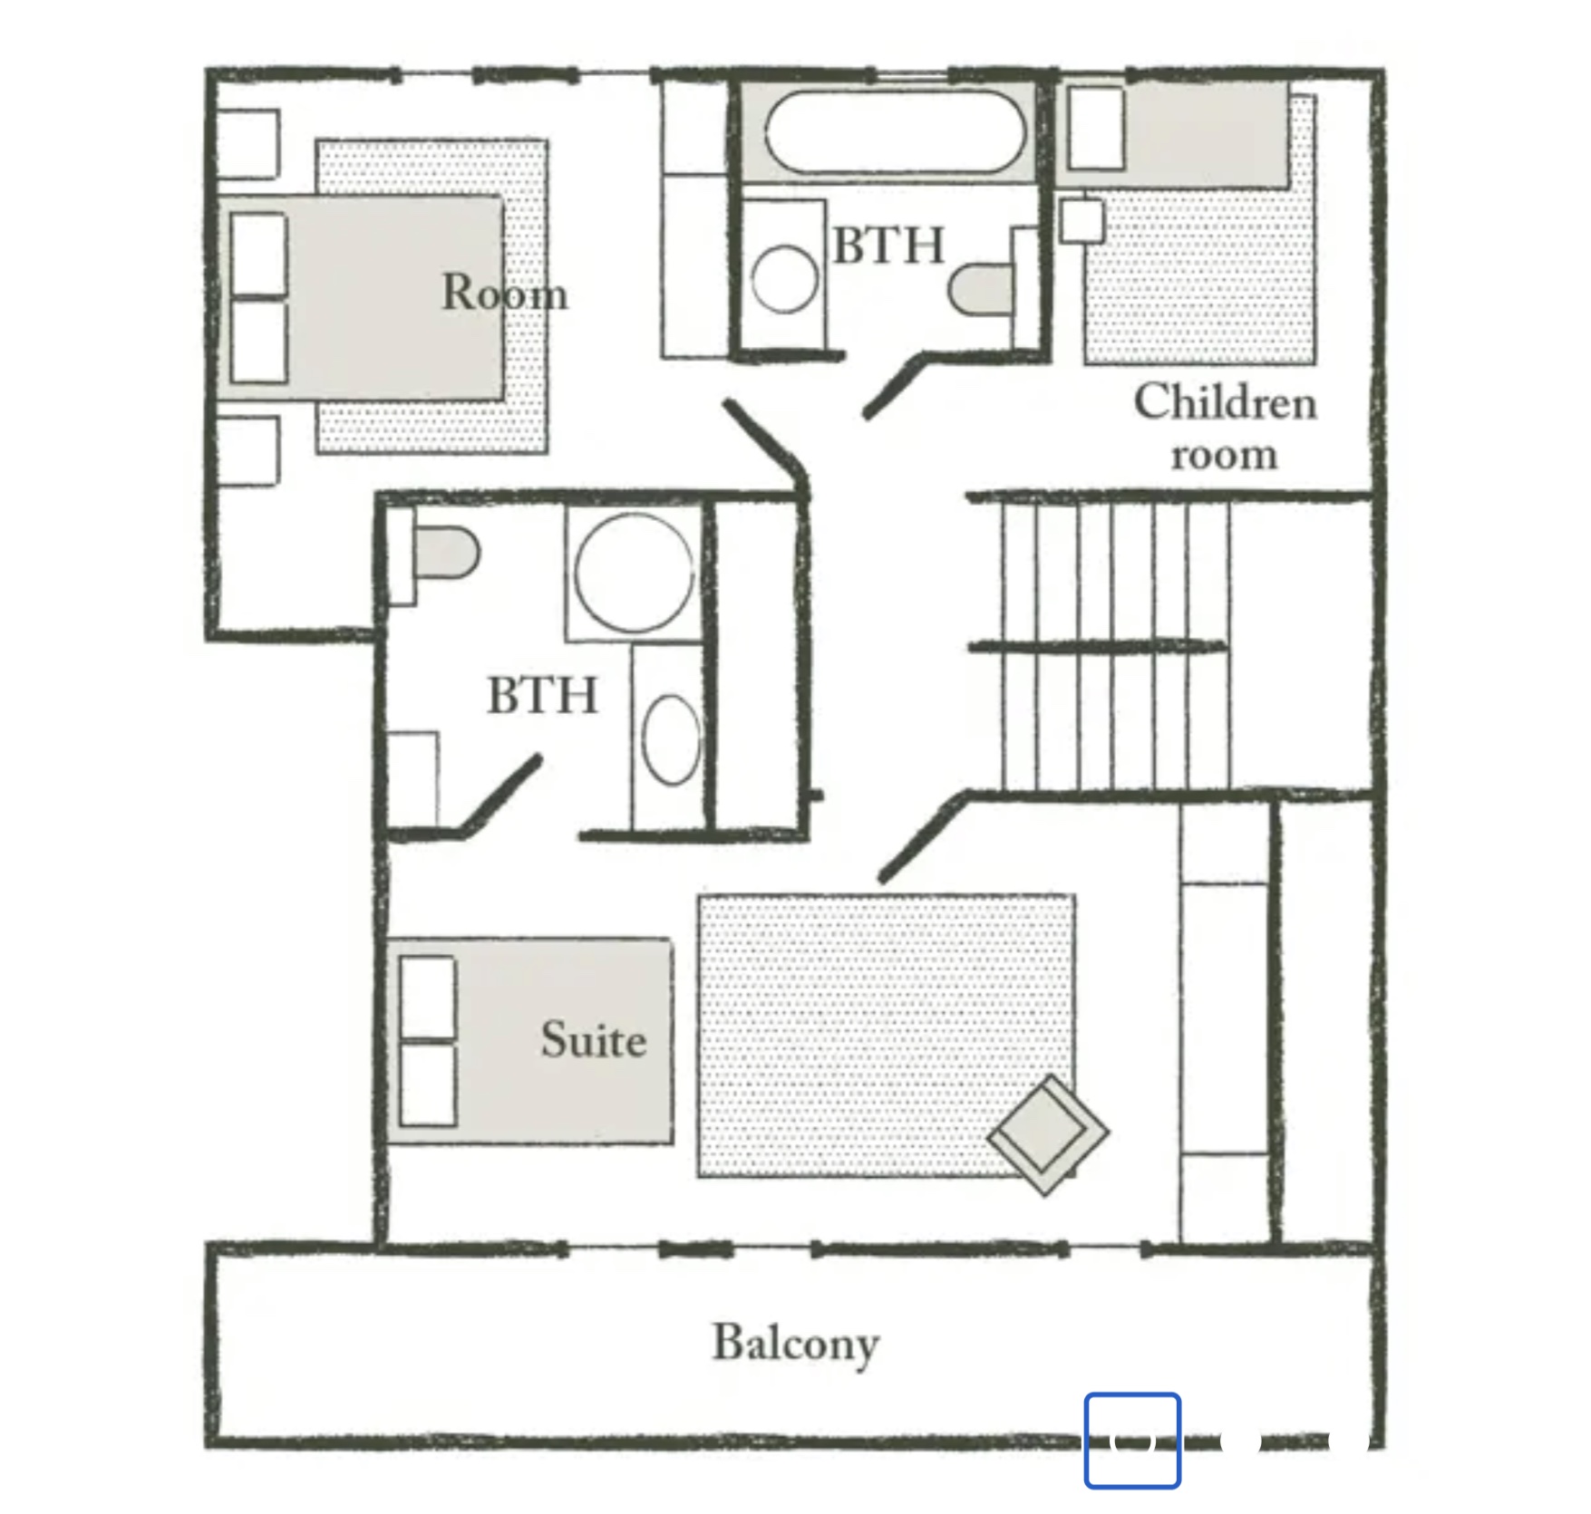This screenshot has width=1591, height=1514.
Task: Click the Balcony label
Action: [796, 1345]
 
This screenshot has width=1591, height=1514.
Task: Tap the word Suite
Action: [594, 1040]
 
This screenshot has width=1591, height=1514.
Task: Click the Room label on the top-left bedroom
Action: [505, 293]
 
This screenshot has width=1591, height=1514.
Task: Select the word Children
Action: [1225, 402]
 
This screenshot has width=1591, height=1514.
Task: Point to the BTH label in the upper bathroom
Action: [888, 246]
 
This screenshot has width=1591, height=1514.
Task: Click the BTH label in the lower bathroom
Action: [543, 696]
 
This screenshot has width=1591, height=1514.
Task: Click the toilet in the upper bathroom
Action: [984, 289]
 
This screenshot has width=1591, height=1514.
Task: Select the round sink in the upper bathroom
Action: [784, 278]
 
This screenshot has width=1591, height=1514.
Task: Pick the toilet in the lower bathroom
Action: [444, 553]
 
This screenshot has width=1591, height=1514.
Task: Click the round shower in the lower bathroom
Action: [634, 573]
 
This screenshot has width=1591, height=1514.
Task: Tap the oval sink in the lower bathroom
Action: [671, 739]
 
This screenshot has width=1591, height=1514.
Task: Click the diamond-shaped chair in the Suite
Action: [1048, 1135]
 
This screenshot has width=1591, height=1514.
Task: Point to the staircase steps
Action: [1116, 645]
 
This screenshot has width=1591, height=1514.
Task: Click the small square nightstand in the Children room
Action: [1082, 220]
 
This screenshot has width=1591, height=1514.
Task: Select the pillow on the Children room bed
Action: [1096, 128]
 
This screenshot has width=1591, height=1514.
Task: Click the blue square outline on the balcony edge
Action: [1132, 1441]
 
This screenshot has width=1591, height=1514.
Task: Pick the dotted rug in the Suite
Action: [887, 1036]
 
